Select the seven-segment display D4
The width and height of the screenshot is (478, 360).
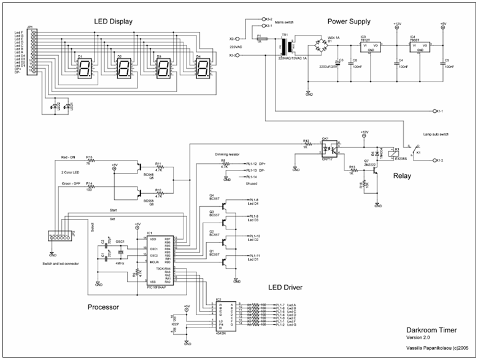202,69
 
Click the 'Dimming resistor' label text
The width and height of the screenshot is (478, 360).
229,155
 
